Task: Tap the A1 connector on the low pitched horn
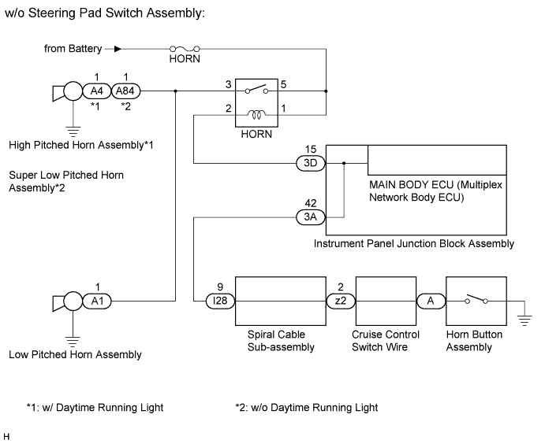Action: [95, 301]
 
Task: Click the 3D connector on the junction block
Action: [308, 164]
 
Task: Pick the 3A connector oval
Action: [308, 215]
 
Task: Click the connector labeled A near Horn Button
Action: [431, 301]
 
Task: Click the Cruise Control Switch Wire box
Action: [386, 301]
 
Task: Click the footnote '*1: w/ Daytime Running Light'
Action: [94, 407]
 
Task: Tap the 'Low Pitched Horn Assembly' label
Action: [76, 354]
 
